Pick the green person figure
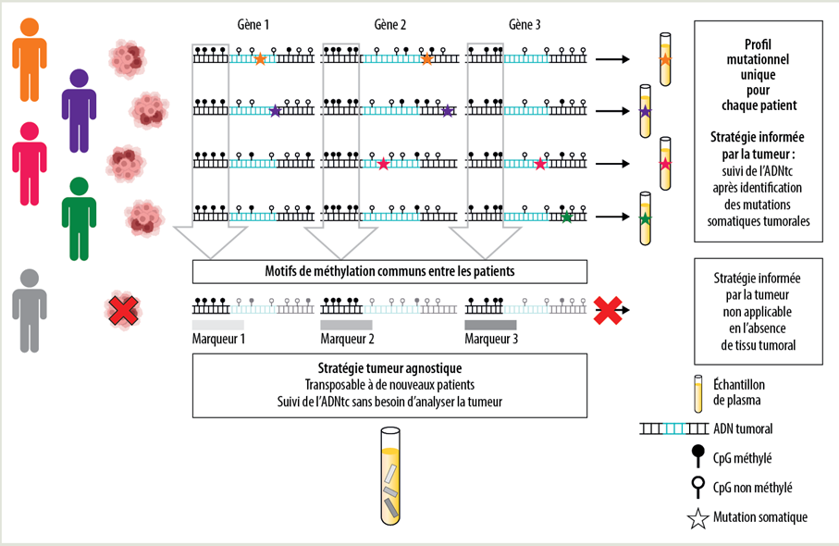click(x=79, y=217)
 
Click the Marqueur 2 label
click(x=348, y=340)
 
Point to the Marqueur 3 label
click(x=491, y=340)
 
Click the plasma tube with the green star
click(x=645, y=218)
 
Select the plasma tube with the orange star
click(x=663, y=60)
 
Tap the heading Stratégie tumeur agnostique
click(x=389, y=367)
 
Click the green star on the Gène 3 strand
click(x=566, y=217)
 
